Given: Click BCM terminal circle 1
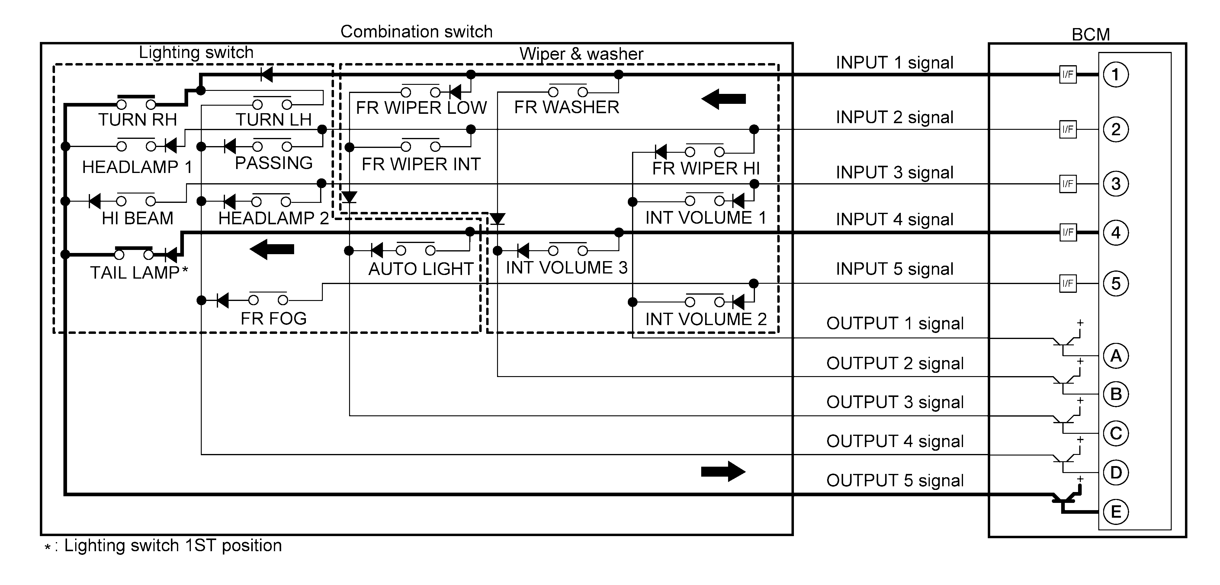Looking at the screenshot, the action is point(1116,74).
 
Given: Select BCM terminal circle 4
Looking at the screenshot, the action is point(1116,232).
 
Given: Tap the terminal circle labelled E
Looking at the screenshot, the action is point(1116,512).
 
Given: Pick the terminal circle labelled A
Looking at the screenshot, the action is point(1116,356).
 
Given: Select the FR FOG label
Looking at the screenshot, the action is point(273,318).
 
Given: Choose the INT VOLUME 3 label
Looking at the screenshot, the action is point(567,267).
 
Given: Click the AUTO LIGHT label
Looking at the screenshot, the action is point(421,269).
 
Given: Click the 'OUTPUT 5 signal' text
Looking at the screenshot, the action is point(895,480).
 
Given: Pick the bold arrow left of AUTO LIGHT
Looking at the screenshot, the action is point(271,249).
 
